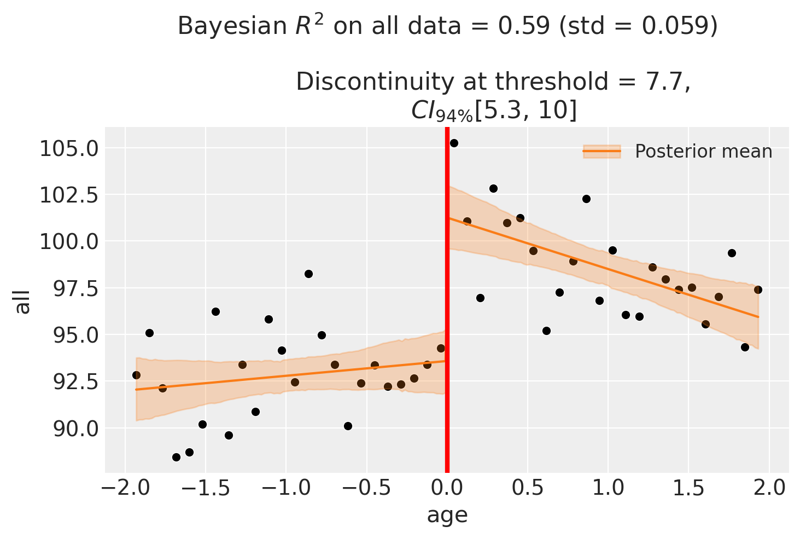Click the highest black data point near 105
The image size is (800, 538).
pyautogui.click(x=454, y=143)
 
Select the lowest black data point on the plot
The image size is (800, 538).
pyautogui.click(x=176, y=457)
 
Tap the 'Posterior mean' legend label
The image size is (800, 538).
pyautogui.click(x=703, y=152)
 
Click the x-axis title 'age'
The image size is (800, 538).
pyautogui.click(x=447, y=515)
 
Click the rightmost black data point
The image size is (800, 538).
pyautogui.click(x=758, y=290)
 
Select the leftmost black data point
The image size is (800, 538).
pyautogui.click(x=136, y=375)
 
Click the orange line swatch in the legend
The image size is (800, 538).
pyautogui.click(x=602, y=152)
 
